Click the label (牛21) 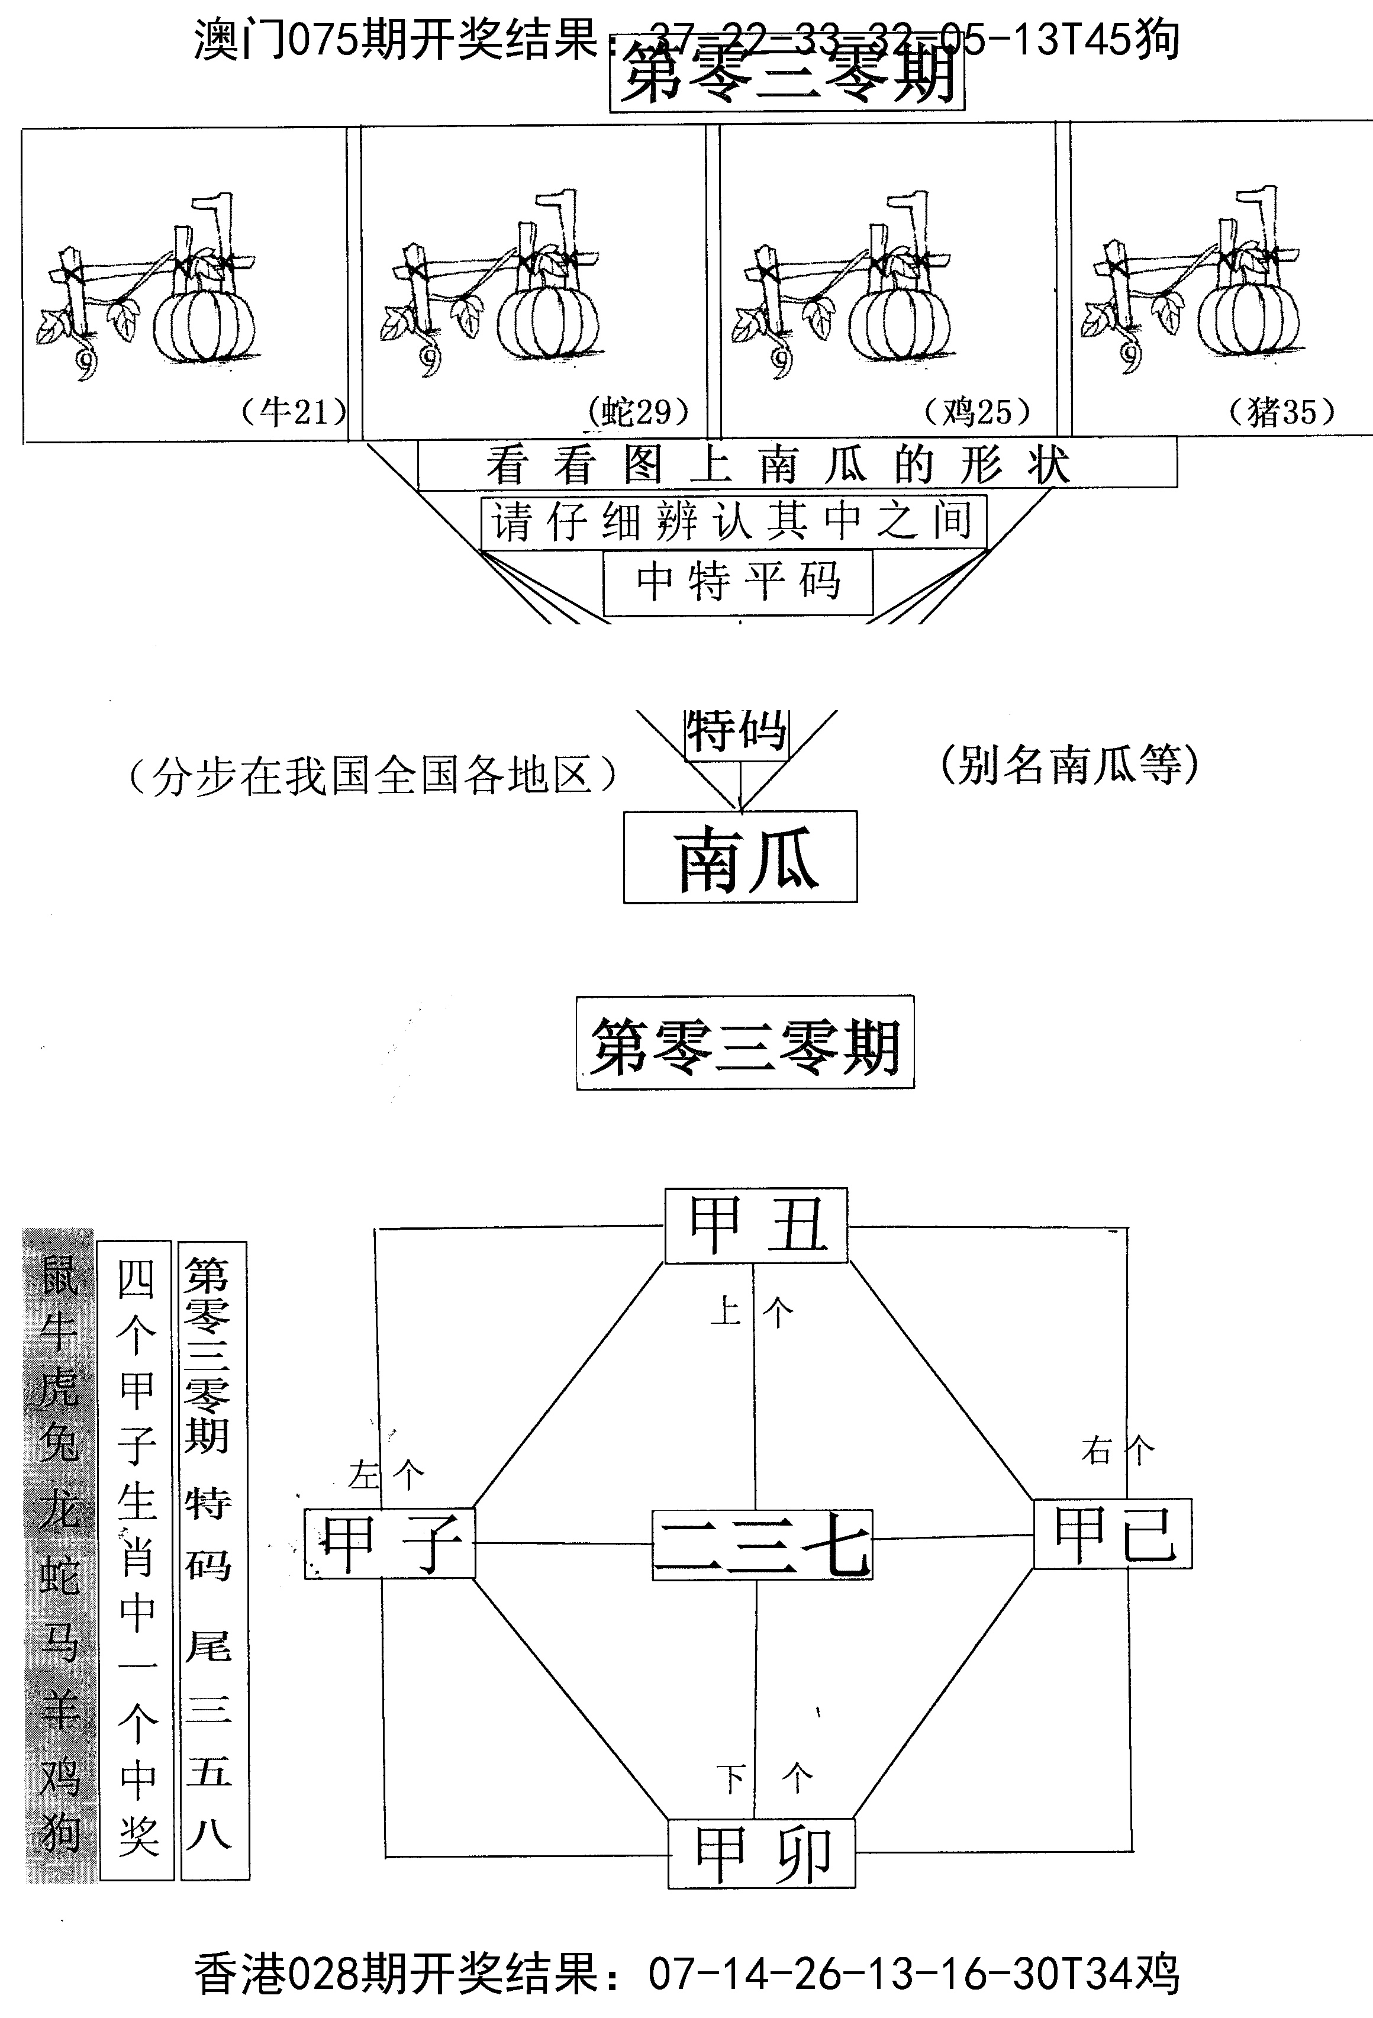[294, 411]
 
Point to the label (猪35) [1282, 411]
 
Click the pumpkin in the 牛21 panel [205, 323]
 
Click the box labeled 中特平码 [737, 582]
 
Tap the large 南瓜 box [740, 857]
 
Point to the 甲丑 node [756, 1225]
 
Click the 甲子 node [390, 1543]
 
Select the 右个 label [1118, 1450]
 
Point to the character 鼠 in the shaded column [59, 1275]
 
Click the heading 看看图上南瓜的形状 [777, 465]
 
